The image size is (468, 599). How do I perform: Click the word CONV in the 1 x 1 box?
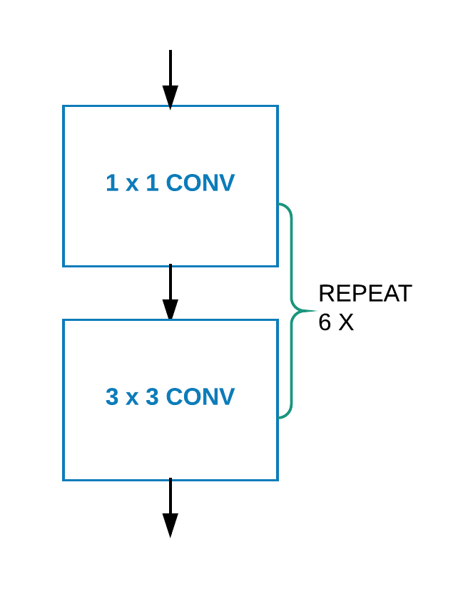coord(200,183)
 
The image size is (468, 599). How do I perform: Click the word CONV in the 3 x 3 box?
coord(200,397)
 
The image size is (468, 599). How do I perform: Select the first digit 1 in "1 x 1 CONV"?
coord(112,183)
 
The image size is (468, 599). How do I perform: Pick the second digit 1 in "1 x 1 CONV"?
coord(152,183)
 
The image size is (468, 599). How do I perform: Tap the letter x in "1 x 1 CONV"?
coord(132,185)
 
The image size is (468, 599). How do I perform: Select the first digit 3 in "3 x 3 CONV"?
coord(112,397)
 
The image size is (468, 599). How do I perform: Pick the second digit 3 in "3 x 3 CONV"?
coord(152,397)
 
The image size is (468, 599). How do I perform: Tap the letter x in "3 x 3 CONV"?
coord(132,399)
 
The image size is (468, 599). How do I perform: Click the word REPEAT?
coord(365,294)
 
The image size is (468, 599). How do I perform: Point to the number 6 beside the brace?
coord(325,322)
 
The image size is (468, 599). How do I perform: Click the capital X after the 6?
coord(346,322)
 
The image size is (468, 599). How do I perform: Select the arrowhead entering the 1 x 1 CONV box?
coord(170,96)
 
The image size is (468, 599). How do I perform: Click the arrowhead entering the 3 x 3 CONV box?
coord(170,309)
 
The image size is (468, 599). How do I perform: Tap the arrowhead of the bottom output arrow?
coord(170,525)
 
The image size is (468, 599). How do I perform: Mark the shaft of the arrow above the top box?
coord(170,68)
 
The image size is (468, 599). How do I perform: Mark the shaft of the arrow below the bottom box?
coord(170,496)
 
